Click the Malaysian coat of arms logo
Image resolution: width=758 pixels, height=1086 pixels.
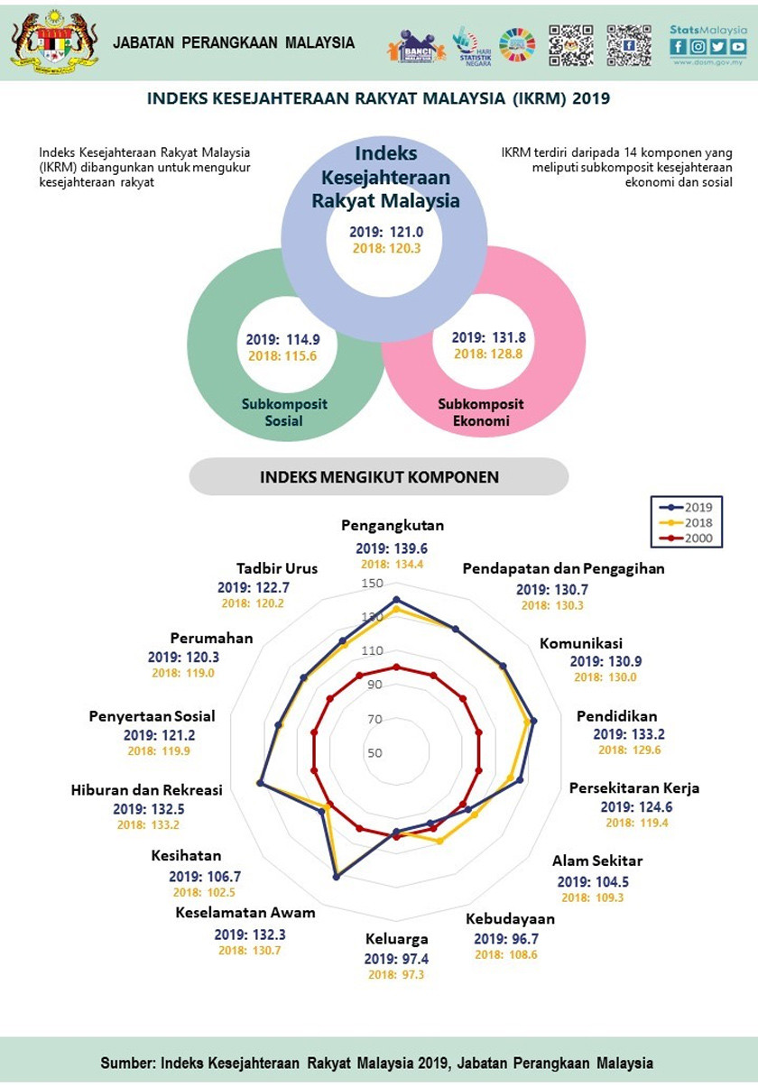(x=53, y=41)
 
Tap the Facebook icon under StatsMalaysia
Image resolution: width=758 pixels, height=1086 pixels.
(x=679, y=47)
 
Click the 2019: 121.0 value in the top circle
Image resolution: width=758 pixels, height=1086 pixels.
(x=386, y=232)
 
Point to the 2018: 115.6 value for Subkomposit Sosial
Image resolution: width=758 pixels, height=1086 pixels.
(x=282, y=356)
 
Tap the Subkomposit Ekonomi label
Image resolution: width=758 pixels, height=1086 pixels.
(x=481, y=412)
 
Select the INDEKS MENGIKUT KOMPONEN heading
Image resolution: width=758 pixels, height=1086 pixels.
(x=379, y=476)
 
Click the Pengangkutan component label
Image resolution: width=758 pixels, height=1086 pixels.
(x=393, y=526)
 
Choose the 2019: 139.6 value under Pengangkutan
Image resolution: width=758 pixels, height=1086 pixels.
(x=391, y=548)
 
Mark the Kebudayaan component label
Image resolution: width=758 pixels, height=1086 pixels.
(x=510, y=919)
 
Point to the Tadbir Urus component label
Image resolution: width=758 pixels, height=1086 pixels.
(x=271, y=568)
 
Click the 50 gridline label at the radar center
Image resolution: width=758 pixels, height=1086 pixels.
(x=374, y=753)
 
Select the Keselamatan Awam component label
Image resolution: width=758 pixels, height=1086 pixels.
(x=245, y=912)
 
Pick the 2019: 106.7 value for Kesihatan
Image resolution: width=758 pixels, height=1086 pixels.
(x=205, y=876)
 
